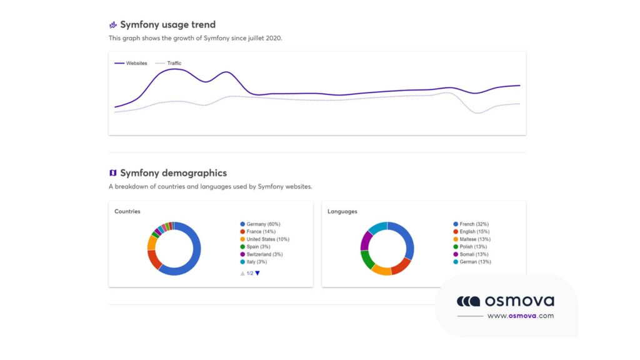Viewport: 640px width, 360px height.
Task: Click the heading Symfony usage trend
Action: pyautogui.click(x=167, y=25)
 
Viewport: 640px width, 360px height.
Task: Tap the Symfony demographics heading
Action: pyautogui.click(x=173, y=173)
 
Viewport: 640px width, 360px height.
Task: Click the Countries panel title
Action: pyautogui.click(x=127, y=212)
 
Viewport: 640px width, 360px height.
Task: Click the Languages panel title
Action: pyautogui.click(x=342, y=212)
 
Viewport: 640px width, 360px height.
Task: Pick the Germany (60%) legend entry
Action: pyautogui.click(x=263, y=224)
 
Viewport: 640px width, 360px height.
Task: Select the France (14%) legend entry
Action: pyautogui.click(x=261, y=231)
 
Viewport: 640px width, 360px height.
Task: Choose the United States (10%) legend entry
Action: pyautogui.click(x=267, y=239)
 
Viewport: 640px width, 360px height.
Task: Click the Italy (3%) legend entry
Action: pyautogui.click(x=257, y=262)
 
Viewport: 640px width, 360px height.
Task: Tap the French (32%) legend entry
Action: pyautogui.click(x=474, y=224)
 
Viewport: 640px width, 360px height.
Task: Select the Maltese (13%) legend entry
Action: pyautogui.click(x=474, y=239)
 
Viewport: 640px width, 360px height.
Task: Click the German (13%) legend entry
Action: pyautogui.click(x=475, y=262)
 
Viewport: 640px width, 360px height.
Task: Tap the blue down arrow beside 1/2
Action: pyautogui.click(x=257, y=273)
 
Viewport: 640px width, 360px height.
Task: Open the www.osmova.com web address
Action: pyautogui.click(x=521, y=316)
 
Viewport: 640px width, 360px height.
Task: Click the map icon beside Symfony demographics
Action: pyautogui.click(x=113, y=173)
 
